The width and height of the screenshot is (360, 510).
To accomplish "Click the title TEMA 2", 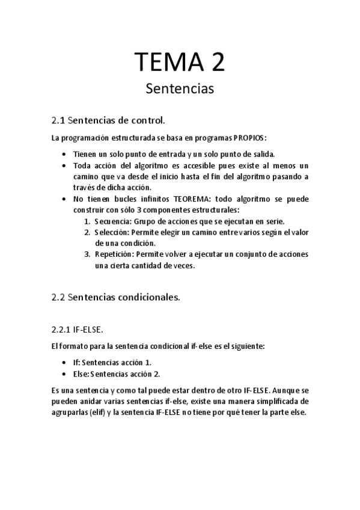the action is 180,63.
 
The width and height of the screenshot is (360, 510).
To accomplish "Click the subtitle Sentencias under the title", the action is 180,89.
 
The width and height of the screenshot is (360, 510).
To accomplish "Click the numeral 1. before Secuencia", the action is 87,221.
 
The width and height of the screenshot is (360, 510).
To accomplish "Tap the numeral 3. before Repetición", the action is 87,254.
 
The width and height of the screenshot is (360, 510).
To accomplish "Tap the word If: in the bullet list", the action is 76,362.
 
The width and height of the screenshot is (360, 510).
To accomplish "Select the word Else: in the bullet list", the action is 81,373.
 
